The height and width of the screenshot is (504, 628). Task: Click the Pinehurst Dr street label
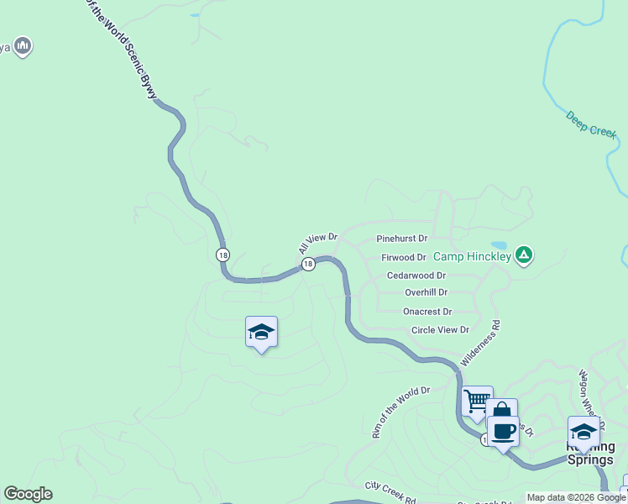pos(402,239)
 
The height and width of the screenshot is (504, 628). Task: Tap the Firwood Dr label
pos(404,257)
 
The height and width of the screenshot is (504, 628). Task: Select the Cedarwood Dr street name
pos(416,275)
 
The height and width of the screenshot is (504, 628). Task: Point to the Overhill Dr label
pos(426,292)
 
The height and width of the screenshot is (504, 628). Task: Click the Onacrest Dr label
pos(427,311)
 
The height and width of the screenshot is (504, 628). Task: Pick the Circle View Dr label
pos(440,330)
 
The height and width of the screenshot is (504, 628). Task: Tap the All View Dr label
pos(317,244)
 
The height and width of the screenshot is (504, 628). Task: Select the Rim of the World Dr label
pos(400,412)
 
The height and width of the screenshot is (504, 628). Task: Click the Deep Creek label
pos(591,124)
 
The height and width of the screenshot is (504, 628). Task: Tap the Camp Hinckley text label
pos(473,256)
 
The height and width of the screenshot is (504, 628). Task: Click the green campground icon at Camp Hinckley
pos(524,254)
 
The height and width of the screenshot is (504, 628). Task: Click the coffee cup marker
pos(503,431)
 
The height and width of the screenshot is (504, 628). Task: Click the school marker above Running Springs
pos(584,431)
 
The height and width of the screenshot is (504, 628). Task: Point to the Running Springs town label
pos(591,454)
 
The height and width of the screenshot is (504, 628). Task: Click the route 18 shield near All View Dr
pos(308,264)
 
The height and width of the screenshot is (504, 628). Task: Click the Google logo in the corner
pos(28,494)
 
